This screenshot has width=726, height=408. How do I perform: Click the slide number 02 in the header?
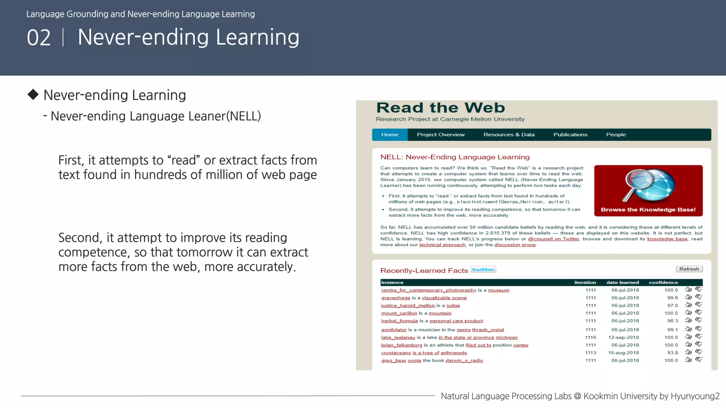click(39, 38)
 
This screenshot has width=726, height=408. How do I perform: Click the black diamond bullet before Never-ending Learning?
click(33, 95)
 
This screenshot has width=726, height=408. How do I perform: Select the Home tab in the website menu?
click(390, 135)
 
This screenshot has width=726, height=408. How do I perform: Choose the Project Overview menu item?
click(441, 135)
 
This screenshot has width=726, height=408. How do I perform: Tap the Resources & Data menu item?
click(509, 135)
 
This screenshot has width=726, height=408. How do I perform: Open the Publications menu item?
click(570, 135)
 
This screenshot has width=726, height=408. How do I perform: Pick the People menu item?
click(616, 135)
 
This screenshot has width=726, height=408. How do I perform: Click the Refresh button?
click(689, 269)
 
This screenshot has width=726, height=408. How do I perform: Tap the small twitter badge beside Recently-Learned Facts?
click(483, 270)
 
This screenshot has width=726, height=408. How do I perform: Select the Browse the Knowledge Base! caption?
click(648, 210)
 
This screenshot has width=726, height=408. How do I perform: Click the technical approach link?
click(442, 245)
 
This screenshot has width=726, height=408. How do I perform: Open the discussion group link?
click(515, 245)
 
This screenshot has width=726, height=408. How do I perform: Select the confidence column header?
click(663, 283)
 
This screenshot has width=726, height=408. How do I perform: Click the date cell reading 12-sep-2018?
click(623, 338)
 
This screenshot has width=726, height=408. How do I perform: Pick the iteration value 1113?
click(590, 353)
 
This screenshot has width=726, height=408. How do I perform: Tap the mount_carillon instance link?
click(399, 313)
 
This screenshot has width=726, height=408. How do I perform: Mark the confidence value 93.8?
click(672, 353)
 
